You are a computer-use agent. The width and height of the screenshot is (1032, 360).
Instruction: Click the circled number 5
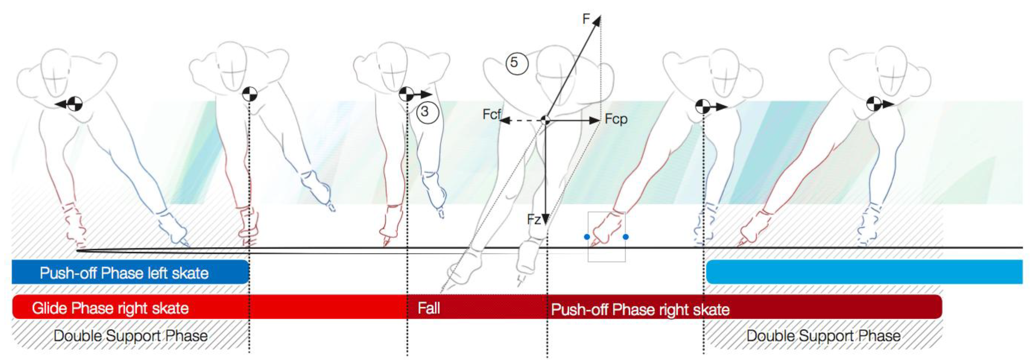(x=517, y=63)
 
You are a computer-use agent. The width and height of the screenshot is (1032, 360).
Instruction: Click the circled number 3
(x=427, y=112)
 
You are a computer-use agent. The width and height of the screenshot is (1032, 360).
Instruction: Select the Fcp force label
(x=616, y=119)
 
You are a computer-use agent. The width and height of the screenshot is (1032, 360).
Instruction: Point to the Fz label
(x=534, y=220)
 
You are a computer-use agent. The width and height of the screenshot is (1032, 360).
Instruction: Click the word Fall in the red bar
(x=429, y=308)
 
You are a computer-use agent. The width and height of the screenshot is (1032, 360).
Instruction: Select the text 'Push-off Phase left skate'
(x=124, y=273)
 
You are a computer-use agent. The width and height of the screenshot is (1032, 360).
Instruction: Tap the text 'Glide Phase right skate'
(x=110, y=308)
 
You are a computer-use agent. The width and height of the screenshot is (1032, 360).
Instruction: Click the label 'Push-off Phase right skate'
(x=640, y=310)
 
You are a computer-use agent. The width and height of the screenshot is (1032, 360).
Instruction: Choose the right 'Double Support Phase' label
(x=823, y=336)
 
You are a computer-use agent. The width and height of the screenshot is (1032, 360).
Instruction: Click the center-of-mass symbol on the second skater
(x=250, y=95)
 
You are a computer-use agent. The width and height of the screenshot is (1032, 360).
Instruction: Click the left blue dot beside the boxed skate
(x=587, y=237)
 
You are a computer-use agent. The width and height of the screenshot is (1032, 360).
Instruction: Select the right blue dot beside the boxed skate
(x=626, y=237)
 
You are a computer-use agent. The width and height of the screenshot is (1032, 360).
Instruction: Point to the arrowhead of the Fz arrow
(x=545, y=220)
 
